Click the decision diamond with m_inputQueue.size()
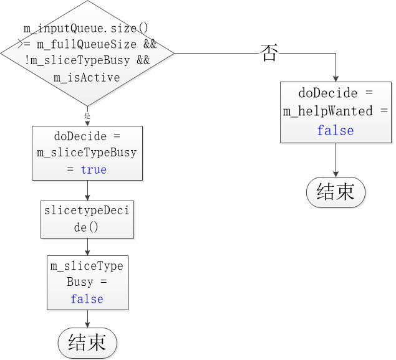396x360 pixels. [87, 54]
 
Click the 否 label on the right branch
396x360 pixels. [269, 54]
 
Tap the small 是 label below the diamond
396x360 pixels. [87, 116]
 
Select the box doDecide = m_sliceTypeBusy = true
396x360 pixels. [87, 153]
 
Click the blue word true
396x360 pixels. [94, 169]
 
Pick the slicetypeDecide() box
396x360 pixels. [87, 219]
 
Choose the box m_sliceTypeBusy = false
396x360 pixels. [87, 282]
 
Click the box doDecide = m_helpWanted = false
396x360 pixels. [336, 111]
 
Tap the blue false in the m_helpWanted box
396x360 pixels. [336, 130]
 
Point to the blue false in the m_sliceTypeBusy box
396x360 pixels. [87, 299]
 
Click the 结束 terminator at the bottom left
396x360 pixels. [87, 343]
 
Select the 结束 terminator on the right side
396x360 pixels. [336, 192]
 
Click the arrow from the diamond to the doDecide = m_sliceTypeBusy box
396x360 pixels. [87, 118]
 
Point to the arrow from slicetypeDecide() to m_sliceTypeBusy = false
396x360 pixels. [87, 247]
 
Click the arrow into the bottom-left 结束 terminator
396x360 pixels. [87, 319]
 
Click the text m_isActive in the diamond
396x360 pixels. [87, 77]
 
